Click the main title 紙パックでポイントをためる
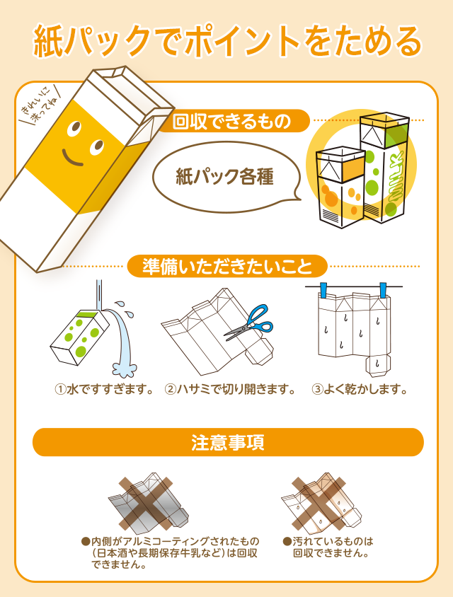pos(226,41)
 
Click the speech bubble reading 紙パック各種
pos(224,177)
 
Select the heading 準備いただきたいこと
pos(226,267)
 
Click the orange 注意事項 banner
pos(227,443)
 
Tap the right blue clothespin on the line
pos(383,289)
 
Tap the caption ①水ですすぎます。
pos(105,389)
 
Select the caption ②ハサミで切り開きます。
pos(230,389)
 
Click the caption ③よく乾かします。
pos(360,389)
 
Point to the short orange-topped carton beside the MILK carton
pos(340,187)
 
